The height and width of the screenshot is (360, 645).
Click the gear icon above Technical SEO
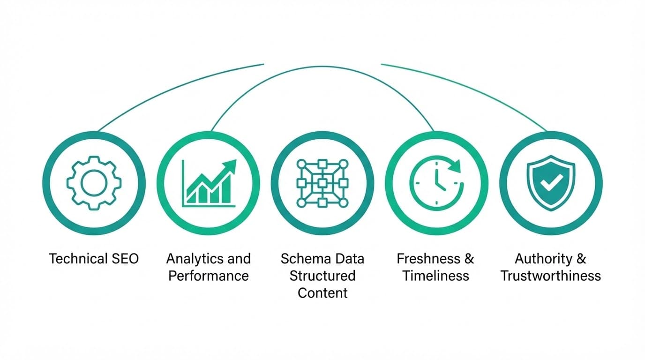[x=94, y=183]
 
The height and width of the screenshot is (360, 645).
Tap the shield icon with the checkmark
[x=551, y=183]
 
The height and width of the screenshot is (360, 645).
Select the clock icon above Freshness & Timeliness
[x=436, y=183]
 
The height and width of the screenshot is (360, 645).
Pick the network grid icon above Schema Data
[x=322, y=183]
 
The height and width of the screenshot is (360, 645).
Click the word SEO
[x=125, y=259]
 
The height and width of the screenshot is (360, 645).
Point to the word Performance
[x=209, y=276]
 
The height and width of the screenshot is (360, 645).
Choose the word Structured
[x=322, y=276]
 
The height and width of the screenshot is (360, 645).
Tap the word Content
[x=322, y=293]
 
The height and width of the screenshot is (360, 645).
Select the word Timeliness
[x=435, y=276]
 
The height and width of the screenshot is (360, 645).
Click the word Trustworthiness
[x=551, y=276]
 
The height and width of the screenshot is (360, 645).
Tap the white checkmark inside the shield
[x=551, y=183]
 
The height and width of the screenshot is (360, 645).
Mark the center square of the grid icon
[x=322, y=183]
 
